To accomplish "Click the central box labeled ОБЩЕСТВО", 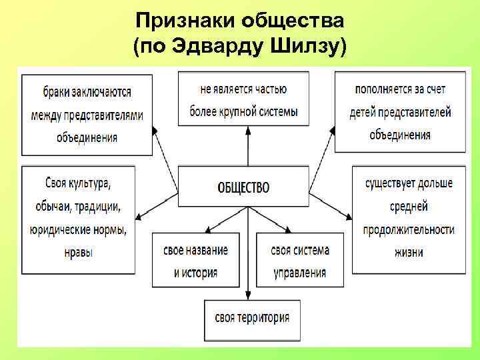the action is click(x=243, y=187).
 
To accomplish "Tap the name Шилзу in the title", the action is click(x=311, y=47).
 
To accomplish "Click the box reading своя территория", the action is click(x=252, y=317).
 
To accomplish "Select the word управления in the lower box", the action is click(x=299, y=272).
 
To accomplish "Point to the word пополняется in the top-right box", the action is click(x=382, y=89).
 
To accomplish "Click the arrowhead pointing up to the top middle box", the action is click(x=248, y=129).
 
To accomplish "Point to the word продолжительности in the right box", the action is click(x=409, y=229).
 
